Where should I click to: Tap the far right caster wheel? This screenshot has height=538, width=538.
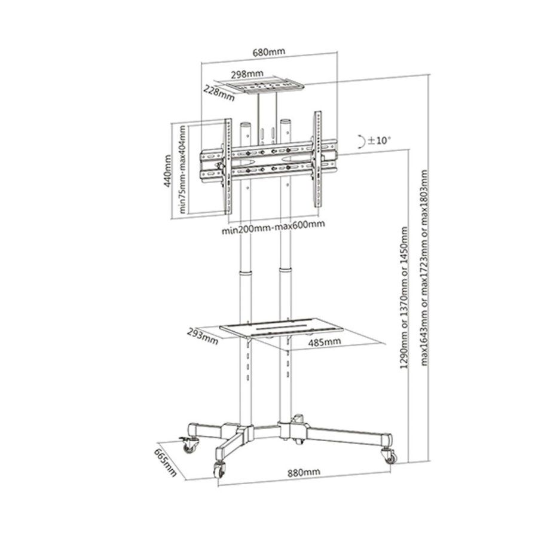click(x=390, y=457)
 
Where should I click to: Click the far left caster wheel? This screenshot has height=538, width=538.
click(x=189, y=446)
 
